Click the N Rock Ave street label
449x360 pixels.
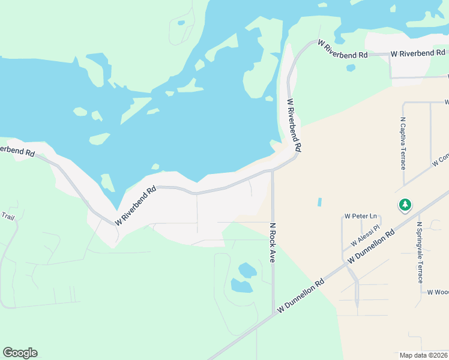click(272, 243)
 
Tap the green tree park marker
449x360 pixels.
click(405, 205)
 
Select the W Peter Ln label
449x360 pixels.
click(360, 216)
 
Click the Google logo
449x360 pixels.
click(20, 353)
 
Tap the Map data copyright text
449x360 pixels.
click(423, 355)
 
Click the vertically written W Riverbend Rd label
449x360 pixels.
click(294, 125)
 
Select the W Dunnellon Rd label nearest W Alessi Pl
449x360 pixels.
click(373, 246)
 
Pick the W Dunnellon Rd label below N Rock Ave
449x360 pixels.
click(301, 296)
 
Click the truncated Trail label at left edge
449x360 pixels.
click(7, 216)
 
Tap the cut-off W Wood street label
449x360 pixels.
click(438, 292)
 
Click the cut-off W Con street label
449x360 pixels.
click(440, 160)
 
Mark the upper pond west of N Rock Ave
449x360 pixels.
click(247, 270)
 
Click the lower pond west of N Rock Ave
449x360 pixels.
click(241, 286)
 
